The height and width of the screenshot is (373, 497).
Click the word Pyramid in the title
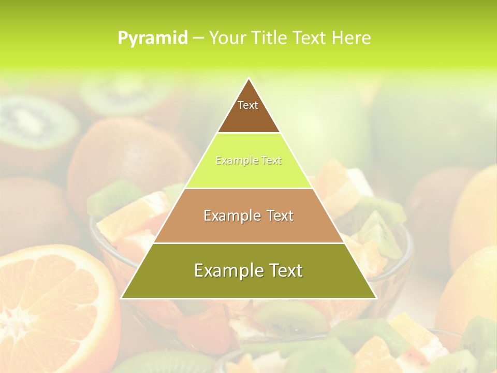pyautogui.click(x=153, y=38)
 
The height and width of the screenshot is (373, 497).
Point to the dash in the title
pyautogui.click(x=198, y=38)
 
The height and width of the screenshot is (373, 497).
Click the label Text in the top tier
pyautogui.click(x=248, y=105)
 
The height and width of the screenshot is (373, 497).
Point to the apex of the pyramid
pyautogui.click(x=248, y=79)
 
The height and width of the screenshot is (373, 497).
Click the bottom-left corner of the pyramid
pyautogui.click(x=122, y=298)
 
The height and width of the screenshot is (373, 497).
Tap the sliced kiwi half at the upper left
pyautogui.click(x=36, y=122)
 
